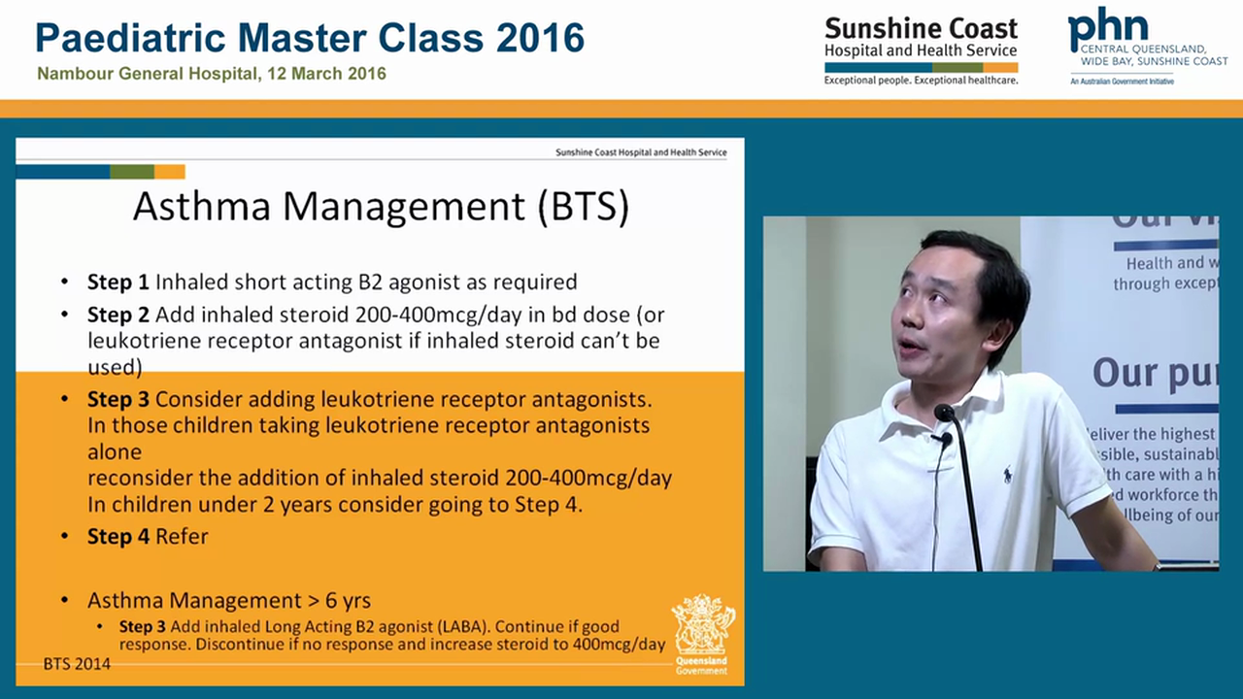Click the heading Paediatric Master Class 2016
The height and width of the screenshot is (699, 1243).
click(x=310, y=38)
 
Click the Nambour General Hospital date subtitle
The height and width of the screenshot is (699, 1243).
click(x=212, y=74)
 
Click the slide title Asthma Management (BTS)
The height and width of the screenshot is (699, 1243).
click(x=381, y=207)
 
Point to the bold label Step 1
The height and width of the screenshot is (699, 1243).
click(x=118, y=283)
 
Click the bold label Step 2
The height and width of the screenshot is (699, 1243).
click(x=118, y=316)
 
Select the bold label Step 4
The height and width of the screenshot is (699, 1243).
click(x=118, y=537)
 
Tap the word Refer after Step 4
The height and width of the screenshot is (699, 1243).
click(x=182, y=537)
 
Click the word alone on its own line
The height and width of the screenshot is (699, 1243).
click(x=115, y=451)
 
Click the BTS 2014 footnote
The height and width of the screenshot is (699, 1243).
click(x=77, y=664)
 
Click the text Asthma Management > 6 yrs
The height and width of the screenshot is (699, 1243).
click(x=229, y=600)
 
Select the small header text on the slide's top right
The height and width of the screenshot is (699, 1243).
click(x=640, y=152)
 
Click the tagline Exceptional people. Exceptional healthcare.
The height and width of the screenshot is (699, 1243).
click(x=921, y=81)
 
